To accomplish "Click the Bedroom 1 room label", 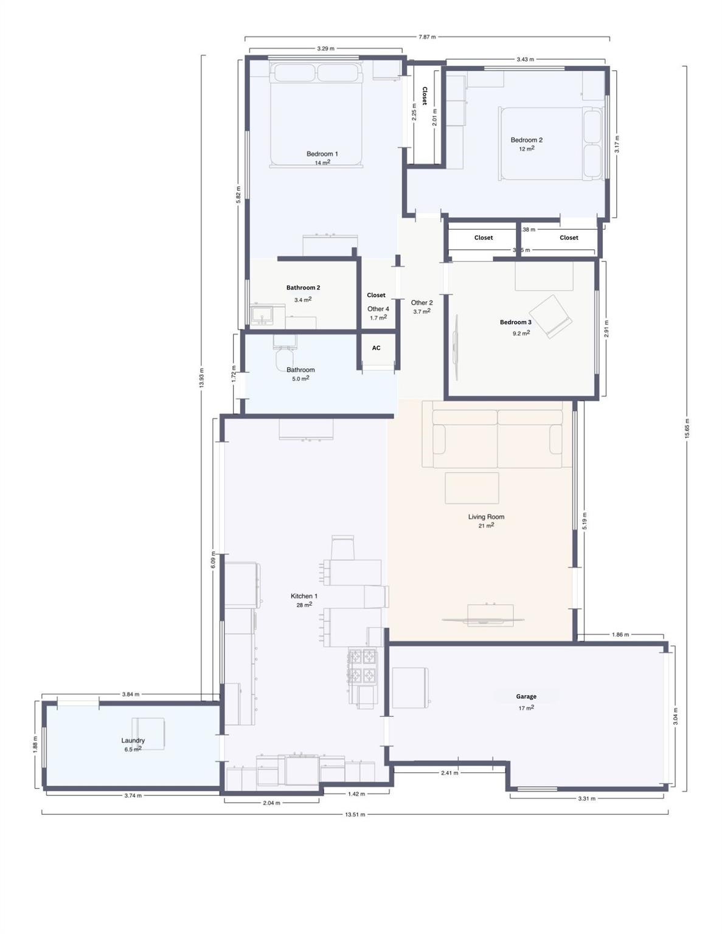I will [322, 154].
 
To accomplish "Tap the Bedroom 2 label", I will [526, 140].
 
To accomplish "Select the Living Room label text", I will [486, 517].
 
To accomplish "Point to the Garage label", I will [526, 696].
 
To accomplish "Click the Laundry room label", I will [133, 740].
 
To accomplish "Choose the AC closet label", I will [376, 348].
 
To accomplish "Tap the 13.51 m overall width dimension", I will [355, 814].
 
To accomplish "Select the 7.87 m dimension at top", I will [427, 37].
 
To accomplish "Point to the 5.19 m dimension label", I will [585, 521].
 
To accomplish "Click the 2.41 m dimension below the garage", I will [450, 773].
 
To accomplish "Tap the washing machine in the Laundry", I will [149, 733].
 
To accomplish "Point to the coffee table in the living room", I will [471, 488].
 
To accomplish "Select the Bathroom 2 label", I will [303, 288].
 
